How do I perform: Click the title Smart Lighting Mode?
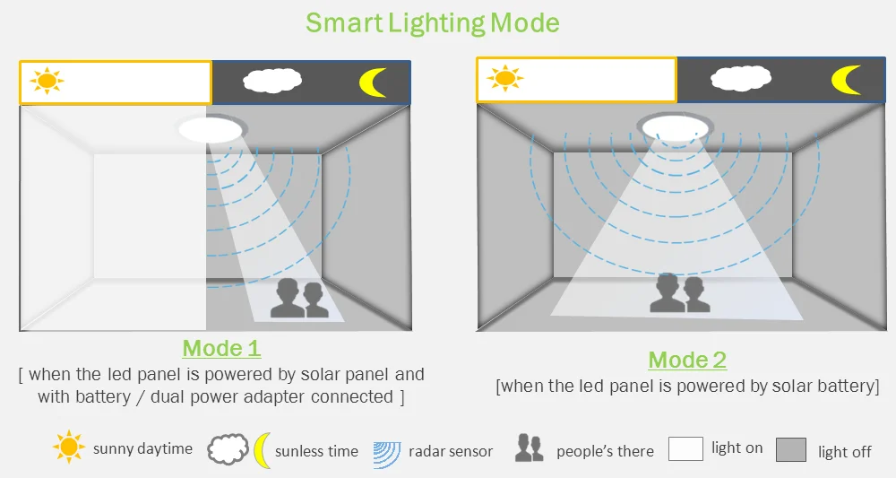coord(433,22)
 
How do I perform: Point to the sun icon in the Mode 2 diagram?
coord(506,79)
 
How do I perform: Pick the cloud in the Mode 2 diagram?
coord(740,78)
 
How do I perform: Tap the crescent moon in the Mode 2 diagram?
coord(845,79)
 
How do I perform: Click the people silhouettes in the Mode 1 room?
coord(299,298)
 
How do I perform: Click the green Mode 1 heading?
coord(221,348)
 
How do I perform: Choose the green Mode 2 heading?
coord(687,361)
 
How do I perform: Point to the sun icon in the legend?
coord(69,447)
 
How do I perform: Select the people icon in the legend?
coord(530,448)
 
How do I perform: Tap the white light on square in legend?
coord(685,448)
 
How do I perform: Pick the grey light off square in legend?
coord(791,449)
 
